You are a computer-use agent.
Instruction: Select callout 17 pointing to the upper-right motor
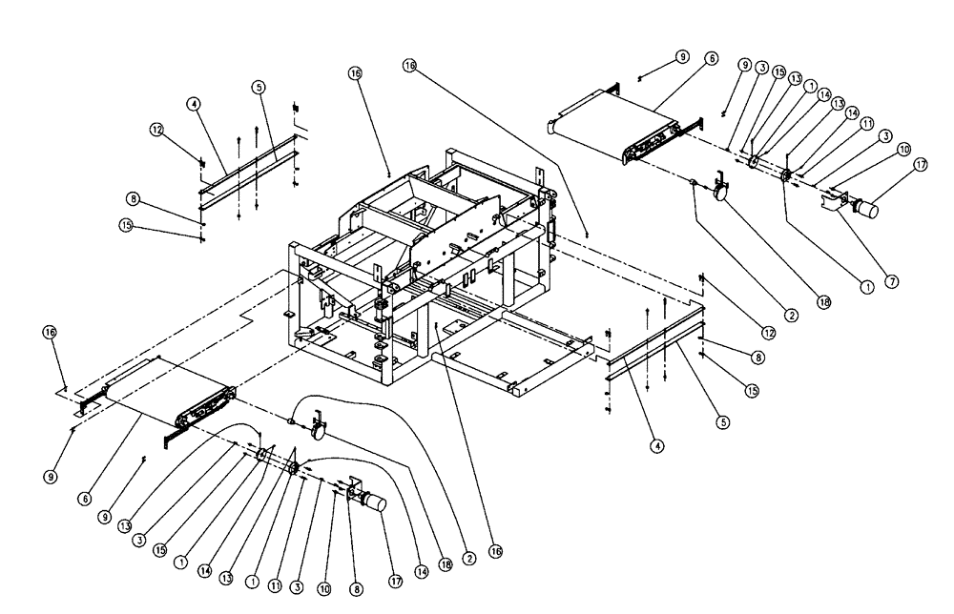coord(921,164)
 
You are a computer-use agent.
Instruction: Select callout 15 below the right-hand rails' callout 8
coord(752,392)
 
